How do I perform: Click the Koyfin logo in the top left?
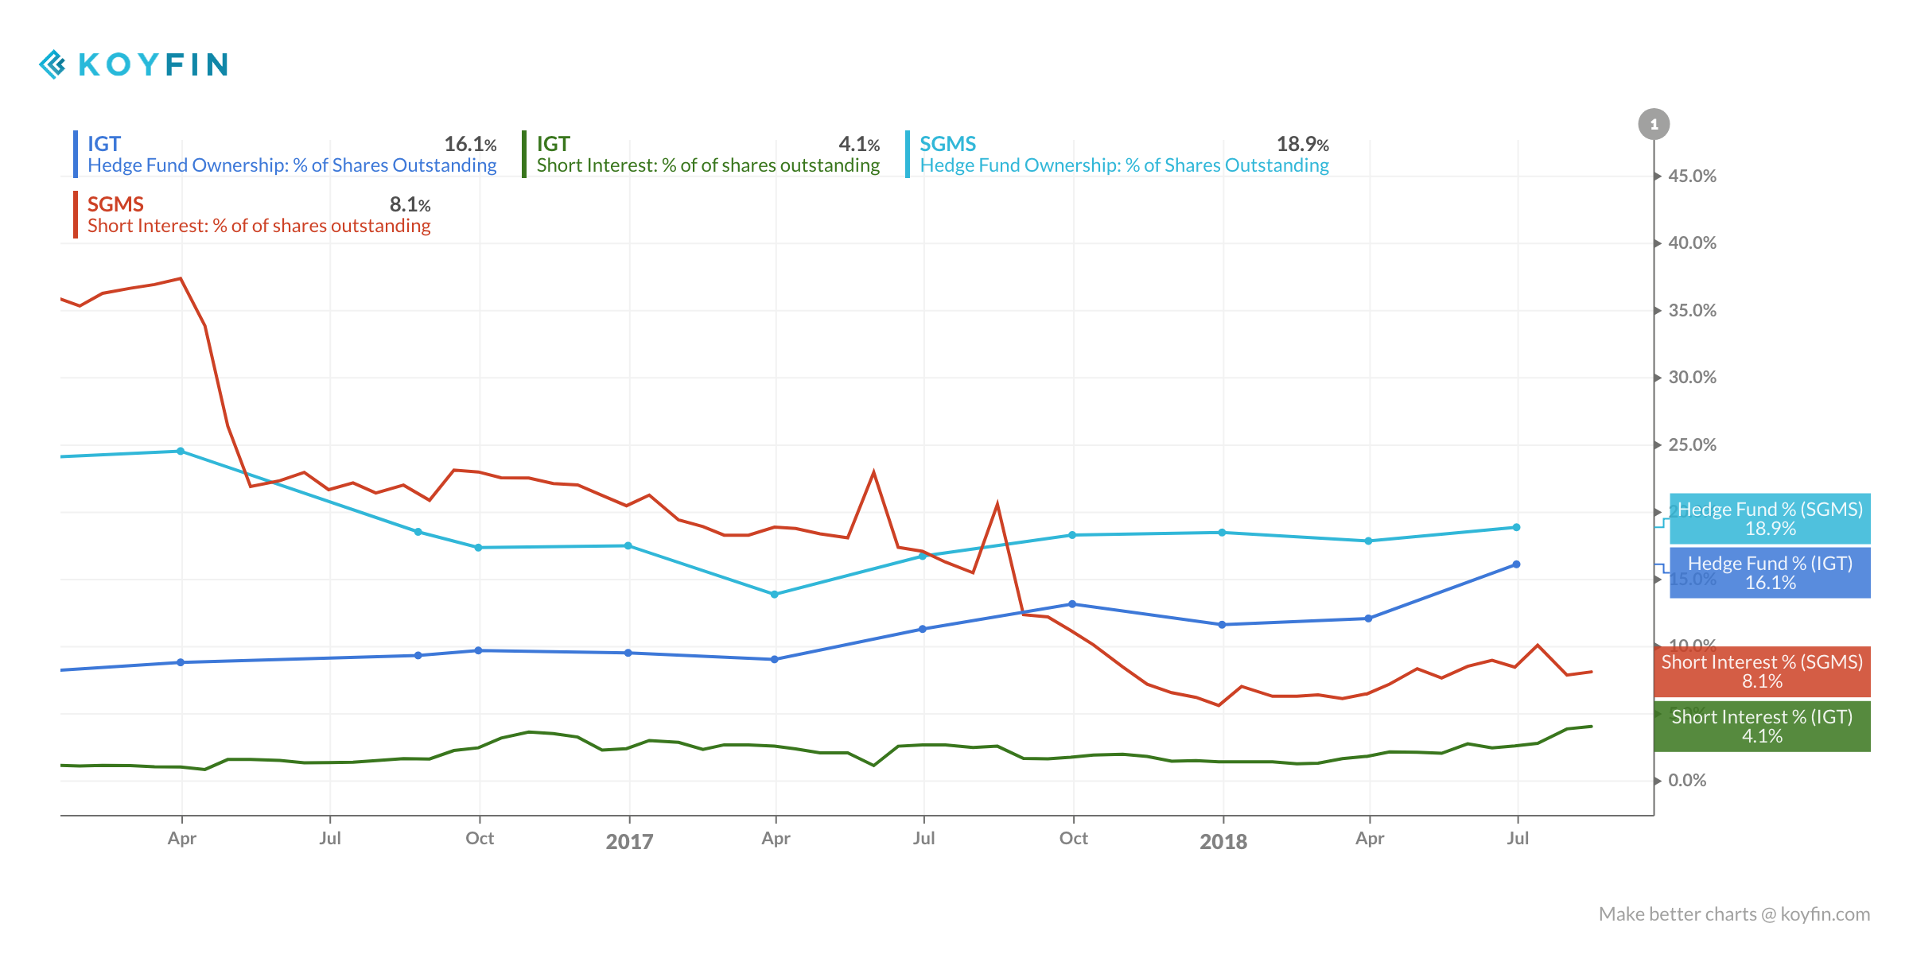pos(134,64)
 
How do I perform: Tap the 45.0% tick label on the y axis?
pos(1691,176)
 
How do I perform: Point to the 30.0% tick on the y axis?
pos(1691,378)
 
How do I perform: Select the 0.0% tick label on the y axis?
pos(1686,781)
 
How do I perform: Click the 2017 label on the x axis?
pos(629,841)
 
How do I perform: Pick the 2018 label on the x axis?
pos(1223,841)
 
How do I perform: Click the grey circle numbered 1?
pos(1654,124)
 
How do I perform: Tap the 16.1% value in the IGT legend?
pos(469,145)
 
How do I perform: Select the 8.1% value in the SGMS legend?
pos(410,205)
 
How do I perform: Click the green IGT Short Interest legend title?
pos(554,144)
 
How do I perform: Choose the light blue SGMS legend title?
pos(947,144)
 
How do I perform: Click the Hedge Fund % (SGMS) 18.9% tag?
pos(1770,519)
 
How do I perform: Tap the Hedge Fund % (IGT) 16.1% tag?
pos(1770,573)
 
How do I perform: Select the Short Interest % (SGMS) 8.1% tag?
pos(1762,672)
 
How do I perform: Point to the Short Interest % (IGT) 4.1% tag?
pos(1762,727)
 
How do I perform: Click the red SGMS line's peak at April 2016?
pos(181,279)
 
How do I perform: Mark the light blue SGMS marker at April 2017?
pos(775,594)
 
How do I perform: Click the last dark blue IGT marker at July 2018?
pos(1516,564)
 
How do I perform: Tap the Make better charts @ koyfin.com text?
pos(1734,914)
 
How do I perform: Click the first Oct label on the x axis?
pos(480,839)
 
